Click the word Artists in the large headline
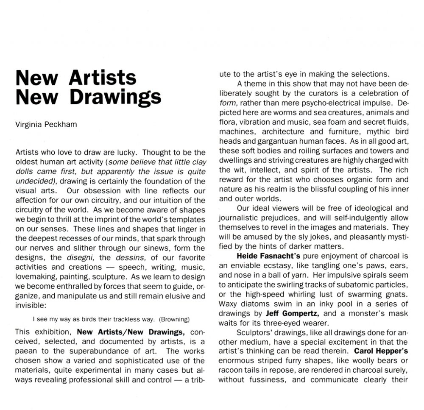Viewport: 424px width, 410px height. pyautogui.click(x=103, y=78)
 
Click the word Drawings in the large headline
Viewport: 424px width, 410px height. pyautogui.click(x=115, y=97)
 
